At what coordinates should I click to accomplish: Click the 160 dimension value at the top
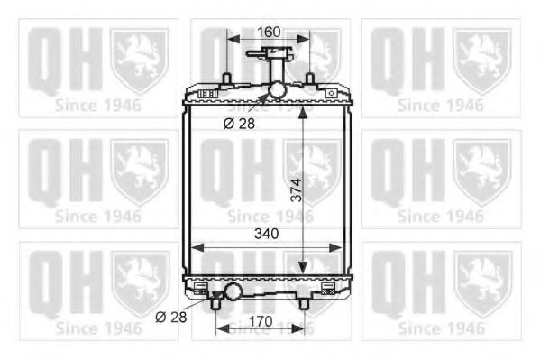(x=269, y=32)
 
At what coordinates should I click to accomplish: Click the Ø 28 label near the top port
(x=239, y=123)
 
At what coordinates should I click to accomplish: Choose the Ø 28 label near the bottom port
(x=170, y=317)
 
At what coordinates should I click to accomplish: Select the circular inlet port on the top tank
(x=275, y=91)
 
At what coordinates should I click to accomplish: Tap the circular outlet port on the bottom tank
(x=233, y=291)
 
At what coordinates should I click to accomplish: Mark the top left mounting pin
(x=227, y=76)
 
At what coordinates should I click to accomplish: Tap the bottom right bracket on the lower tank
(x=328, y=290)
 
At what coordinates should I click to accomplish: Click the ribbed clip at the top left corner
(x=206, y=94)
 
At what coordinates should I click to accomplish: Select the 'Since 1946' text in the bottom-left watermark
(x=98, y=328)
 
